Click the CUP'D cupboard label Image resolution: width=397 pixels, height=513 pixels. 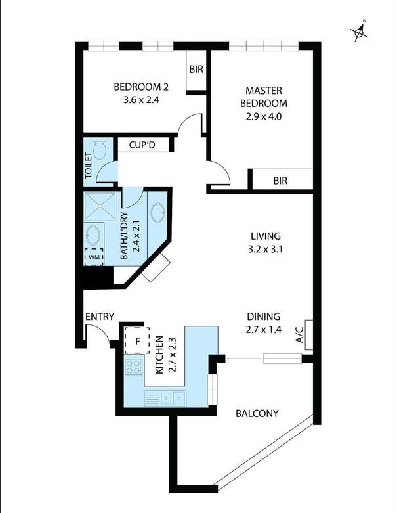142,145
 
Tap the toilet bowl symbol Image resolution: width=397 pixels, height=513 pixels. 100,150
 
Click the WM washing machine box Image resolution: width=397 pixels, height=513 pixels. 94,257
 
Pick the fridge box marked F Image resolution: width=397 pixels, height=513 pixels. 138,340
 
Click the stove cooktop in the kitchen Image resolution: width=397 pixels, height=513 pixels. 135,367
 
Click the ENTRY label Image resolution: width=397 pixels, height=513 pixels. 100,317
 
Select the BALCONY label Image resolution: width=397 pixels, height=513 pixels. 257,414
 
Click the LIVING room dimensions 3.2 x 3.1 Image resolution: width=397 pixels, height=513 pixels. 266,249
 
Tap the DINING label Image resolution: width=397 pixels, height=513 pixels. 264,316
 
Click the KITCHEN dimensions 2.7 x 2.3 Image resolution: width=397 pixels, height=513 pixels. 173,355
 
